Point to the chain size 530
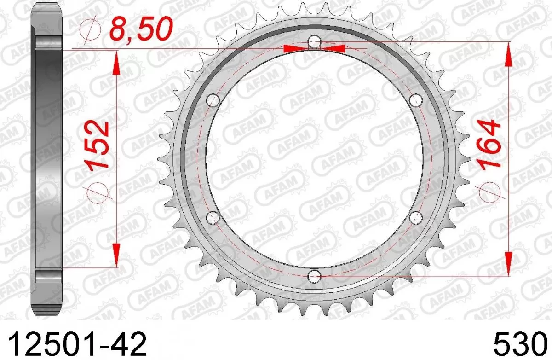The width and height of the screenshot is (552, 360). pos(523,343)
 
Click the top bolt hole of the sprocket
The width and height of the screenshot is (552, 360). pos(314,42)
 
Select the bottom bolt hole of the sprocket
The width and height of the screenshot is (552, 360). pos(314,277)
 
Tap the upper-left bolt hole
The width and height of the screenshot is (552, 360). pos(213,100)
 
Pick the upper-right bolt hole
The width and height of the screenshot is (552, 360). pos(416,99)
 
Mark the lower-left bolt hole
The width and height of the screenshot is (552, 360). pos(213,218)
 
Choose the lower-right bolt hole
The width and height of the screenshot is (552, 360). pos(416,218)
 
